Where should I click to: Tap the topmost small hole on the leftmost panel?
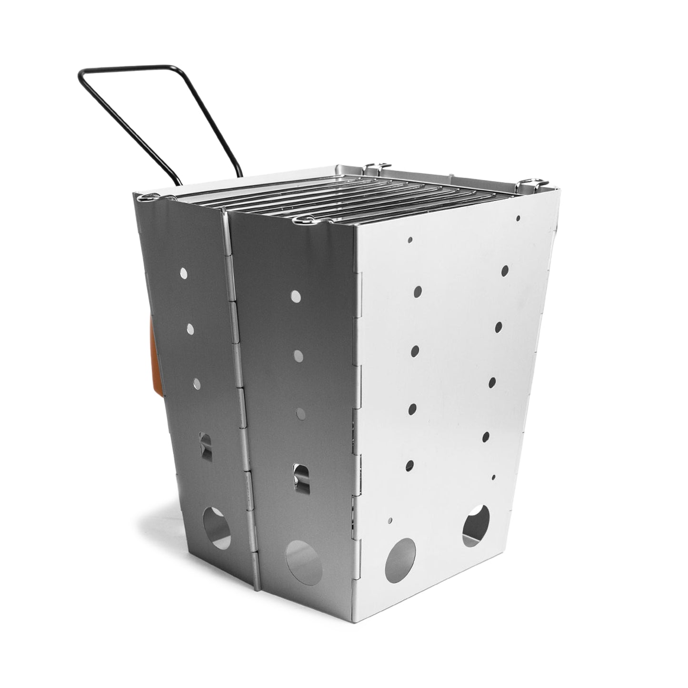[x=184, y=273]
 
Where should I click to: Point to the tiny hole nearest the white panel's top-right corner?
[x=518, y=219]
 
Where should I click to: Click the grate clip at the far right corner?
[x=531, y=182]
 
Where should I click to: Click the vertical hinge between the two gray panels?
[x=238, y=381]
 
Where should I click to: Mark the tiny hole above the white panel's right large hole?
[x=493, y=477]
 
